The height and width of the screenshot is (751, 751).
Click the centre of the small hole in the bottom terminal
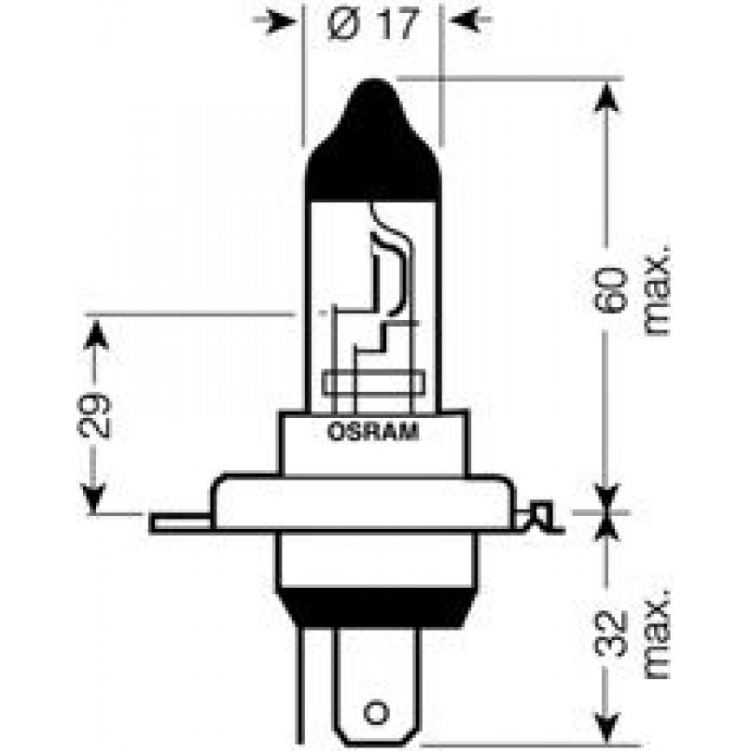coord(377,713)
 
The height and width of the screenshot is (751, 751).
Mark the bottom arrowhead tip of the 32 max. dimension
coord(606,744)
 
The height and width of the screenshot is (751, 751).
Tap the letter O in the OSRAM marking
coord(334,432)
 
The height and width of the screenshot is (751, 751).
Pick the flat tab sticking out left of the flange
coord(181,523)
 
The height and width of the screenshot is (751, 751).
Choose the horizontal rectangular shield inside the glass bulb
coord(374,383)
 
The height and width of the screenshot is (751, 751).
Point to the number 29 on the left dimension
coord(94,417)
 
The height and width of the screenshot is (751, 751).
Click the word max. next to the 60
coord(655,291)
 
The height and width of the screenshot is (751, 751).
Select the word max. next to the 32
coord(655,633)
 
